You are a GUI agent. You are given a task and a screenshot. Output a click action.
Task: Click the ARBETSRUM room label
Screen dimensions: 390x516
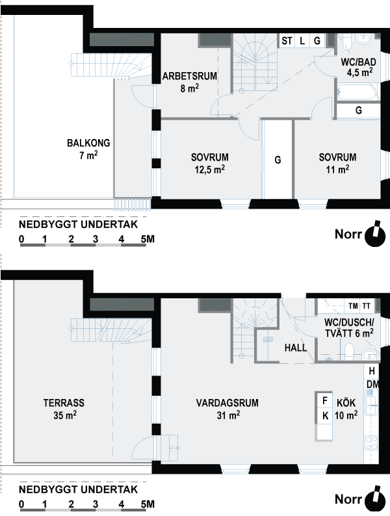190,82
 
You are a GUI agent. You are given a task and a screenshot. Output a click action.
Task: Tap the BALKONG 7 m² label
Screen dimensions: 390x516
88,149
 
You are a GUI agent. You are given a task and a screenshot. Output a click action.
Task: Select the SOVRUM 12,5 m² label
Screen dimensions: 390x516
210,163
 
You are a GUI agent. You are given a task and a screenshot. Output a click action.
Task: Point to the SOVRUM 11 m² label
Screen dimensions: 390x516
337,163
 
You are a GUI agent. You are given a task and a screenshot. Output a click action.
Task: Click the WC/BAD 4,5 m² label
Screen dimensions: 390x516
358,67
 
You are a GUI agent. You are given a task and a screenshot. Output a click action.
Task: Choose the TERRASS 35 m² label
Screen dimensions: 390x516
64,409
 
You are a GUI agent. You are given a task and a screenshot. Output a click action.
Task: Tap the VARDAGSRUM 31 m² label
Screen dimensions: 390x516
227,409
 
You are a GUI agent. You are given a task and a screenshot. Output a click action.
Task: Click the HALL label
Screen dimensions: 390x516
296,348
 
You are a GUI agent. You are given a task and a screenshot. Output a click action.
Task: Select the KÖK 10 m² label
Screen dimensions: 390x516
346,409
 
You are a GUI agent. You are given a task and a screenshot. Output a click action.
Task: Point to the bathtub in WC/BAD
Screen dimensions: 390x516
357,92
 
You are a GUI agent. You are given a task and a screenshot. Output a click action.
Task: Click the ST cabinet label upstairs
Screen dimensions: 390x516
287,41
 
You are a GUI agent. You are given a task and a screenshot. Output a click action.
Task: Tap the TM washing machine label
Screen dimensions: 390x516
353,306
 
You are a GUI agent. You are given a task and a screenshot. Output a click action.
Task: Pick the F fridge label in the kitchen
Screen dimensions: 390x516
325,400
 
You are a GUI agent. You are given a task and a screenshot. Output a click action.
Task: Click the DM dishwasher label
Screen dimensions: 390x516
372,384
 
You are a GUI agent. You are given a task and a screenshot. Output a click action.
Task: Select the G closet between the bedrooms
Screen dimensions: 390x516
278,160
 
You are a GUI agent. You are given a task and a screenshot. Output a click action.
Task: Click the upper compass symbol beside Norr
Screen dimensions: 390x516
375,235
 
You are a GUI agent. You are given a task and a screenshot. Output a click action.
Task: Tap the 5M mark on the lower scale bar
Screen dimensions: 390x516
148,504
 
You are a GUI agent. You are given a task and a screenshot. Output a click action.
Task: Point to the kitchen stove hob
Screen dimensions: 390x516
371,443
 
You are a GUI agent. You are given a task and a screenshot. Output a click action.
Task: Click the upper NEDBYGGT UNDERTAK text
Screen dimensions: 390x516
79,225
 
